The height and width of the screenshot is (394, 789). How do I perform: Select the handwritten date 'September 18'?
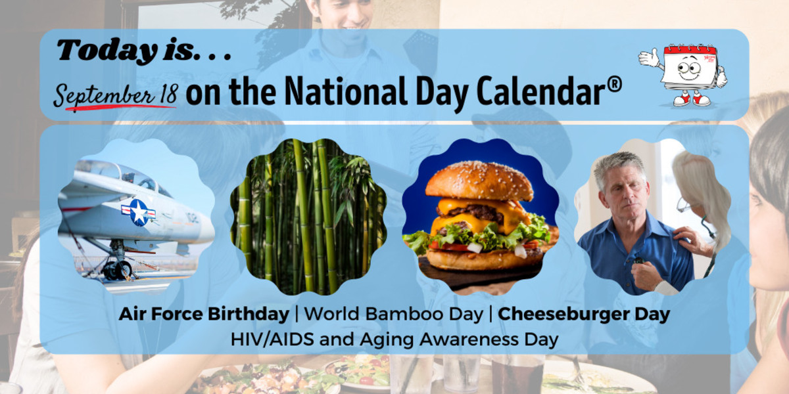pos(114,96)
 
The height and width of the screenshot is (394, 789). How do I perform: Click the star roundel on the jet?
pos(139,212)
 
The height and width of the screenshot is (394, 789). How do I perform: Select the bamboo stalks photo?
pos(308,216)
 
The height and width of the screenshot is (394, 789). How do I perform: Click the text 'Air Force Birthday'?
pos(204,315)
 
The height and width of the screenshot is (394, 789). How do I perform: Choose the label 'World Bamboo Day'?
pos(393,315)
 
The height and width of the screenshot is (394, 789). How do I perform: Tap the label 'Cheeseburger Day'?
pos(584,315)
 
